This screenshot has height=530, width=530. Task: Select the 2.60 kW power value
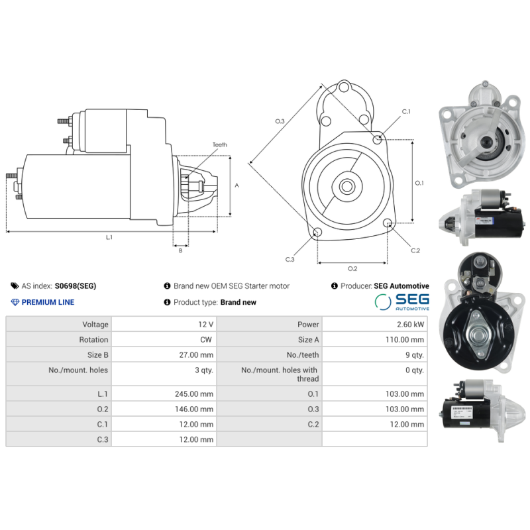click(x=411, y=325)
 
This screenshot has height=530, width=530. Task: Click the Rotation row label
click(x=93, y=340)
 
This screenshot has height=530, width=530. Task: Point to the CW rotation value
click(x=207, y=340)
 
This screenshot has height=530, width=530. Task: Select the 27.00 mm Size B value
click(x=196, y=355)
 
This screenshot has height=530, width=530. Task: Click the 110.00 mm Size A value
click(x=405, y=340)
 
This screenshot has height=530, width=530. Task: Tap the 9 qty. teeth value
click(x=413, y=355)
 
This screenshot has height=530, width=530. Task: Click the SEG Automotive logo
click(x=401, y=302)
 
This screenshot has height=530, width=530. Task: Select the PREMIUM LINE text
click(x=48, y=302)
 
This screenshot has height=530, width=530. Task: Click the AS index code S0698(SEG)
click(x=75, y=286)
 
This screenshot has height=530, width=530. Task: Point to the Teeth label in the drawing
click(x=219, y=145)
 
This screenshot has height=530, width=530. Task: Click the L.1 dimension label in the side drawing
click(x=109, y=237)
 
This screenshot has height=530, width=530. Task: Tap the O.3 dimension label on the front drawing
click(x=280, y=121)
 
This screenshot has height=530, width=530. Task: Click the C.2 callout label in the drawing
click(x=415, y=250)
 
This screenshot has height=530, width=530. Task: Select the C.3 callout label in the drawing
click(x=290, y=259)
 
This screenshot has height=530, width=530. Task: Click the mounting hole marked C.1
click(x=378, y=139)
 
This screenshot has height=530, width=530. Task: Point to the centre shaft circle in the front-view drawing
click(x=346, y=186)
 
